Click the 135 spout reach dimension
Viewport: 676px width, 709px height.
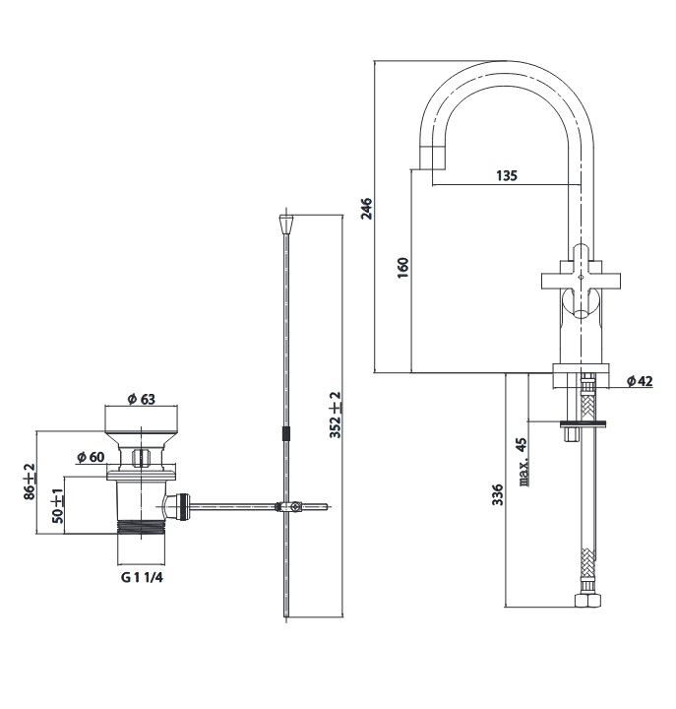click(506, 176)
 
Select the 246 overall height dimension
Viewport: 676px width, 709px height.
click(366, 210)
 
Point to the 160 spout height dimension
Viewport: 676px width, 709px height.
click(401, 267)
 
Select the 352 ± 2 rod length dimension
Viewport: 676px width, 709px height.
click(335, 414)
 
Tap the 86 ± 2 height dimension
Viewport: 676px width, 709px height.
click(29, 483)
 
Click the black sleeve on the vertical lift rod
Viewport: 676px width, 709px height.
click(285, 434)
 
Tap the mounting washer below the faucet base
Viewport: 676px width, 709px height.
click(585, 425)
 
